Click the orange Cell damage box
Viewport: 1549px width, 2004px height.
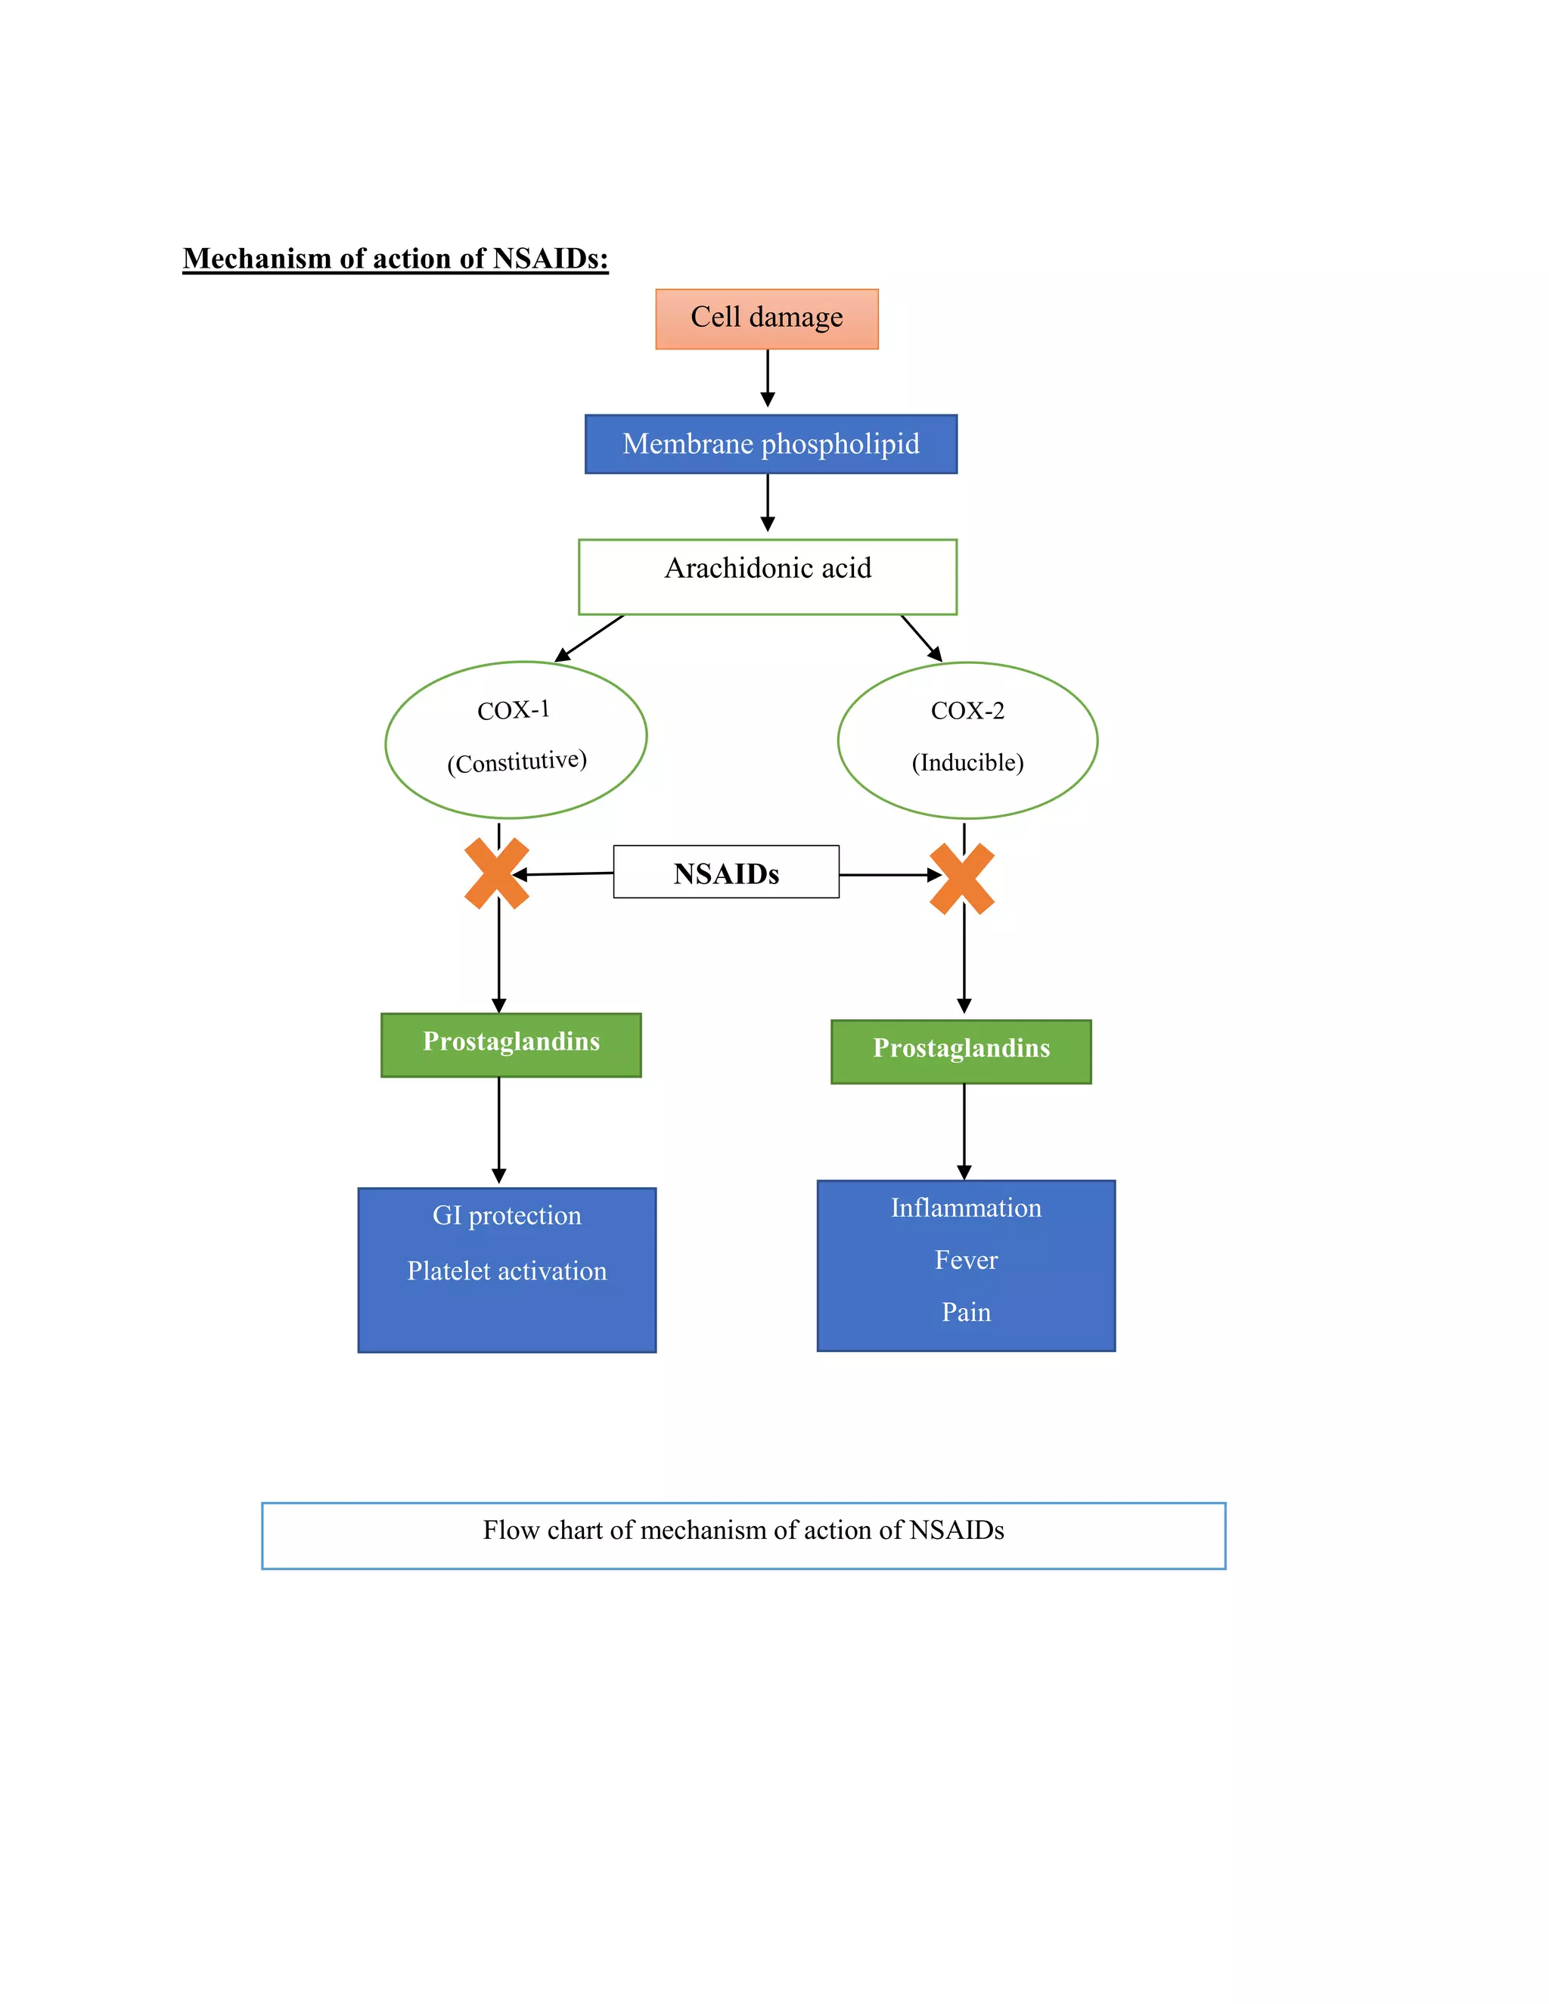pos(766,318)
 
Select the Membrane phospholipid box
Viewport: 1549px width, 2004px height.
pos(771,444)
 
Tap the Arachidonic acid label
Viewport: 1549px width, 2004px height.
pos(767,568)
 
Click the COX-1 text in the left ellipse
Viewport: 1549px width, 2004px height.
pos(513,710)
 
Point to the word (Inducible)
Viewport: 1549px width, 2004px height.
pos(967,762)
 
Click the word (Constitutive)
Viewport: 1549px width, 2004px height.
pos(517,762)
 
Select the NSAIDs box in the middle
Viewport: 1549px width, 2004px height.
pos(726,873)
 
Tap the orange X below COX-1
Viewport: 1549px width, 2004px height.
pos(496,873)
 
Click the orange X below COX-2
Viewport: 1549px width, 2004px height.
pos(962,879)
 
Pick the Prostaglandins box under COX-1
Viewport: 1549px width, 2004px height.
pos(511,1044)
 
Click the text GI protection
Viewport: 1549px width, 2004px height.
pos(507,1216)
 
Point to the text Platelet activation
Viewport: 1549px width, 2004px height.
pos(507,1271)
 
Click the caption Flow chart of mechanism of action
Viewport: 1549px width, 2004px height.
pos(743,1531)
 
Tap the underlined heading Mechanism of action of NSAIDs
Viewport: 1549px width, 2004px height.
pos(396,259)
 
